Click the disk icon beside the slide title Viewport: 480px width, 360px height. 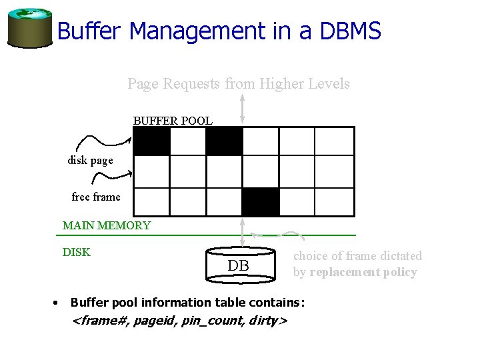29,27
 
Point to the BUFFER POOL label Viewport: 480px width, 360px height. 173,121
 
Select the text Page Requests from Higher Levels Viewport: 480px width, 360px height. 239,84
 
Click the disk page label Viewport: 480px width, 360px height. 90,160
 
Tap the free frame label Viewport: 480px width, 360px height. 96,197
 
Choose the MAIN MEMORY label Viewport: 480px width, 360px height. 107,225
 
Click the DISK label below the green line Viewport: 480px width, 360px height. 77,252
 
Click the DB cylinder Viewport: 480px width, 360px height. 239,265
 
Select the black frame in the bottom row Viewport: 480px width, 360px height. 261,202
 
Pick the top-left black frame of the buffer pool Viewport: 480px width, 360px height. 152,141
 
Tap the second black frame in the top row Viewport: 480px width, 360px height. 224,141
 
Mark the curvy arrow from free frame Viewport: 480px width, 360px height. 112,177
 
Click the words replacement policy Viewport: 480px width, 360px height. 363,272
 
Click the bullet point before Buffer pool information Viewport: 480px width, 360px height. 55,303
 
